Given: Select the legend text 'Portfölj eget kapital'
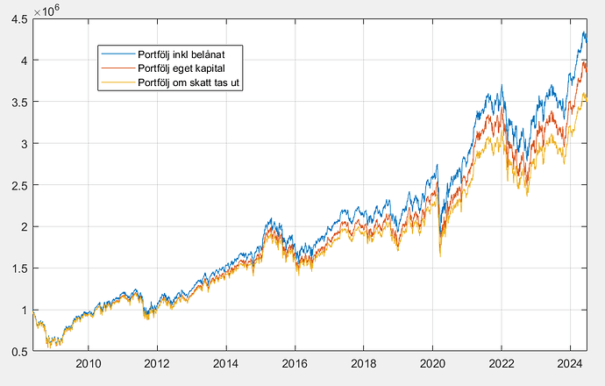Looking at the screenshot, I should tap(183, 68).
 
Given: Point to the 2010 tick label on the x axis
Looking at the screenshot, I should tap(88, 362).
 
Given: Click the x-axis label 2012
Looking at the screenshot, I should tap(157, 362).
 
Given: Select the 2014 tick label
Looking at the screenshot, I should tap(226, 362).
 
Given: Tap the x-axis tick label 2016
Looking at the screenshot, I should tap(295, 362).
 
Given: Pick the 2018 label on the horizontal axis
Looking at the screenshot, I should tap(364, 362).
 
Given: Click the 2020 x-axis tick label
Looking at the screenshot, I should tap(432, 362).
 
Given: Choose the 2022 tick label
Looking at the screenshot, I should tap(502, 362).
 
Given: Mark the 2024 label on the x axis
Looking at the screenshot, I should tap(570, 362).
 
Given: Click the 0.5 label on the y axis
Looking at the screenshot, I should tap(19, 352).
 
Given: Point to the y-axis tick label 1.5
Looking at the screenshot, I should tap(19, 268).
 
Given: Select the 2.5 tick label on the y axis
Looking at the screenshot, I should tap(19, 185).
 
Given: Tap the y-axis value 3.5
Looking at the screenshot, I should tap(19, 102).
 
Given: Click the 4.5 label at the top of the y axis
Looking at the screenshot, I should tap(19, 18).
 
